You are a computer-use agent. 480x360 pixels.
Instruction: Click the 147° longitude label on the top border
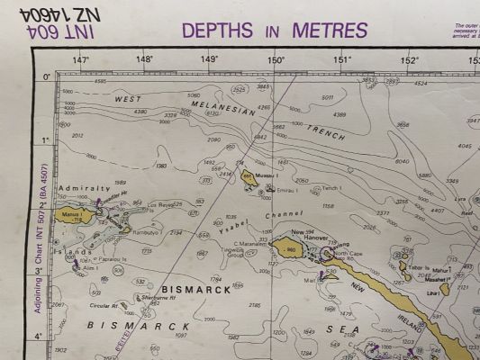click(80, 60)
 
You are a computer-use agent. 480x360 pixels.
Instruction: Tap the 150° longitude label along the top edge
click(276, 60)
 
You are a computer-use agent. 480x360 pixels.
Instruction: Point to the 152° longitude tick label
click(410, 60)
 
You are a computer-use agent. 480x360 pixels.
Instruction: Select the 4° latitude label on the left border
click(49, 337)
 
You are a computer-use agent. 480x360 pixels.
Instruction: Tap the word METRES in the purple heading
click(330, 30)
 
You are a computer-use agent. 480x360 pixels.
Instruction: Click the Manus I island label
click(72, 217)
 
